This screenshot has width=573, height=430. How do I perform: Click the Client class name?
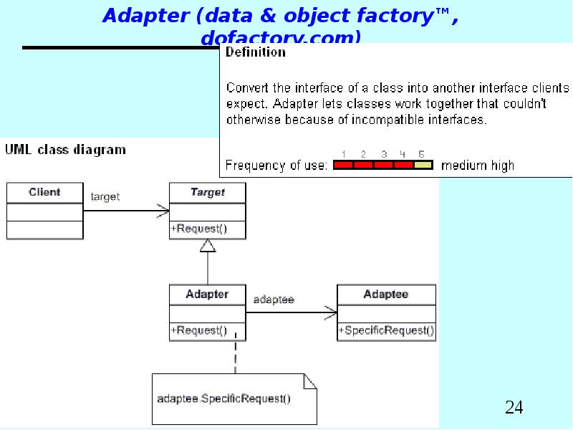[x=44, y=192]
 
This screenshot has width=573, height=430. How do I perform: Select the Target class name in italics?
[x=208, y=192]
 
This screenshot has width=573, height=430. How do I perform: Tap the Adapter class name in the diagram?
[x=207, y=295]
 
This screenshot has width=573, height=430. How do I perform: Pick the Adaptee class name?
[x=386, y=295]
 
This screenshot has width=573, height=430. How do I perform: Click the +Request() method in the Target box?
[x=198, y=229]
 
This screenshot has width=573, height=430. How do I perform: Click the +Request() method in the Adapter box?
[x=198, y=331]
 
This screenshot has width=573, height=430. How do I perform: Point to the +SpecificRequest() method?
[x=386, y=331]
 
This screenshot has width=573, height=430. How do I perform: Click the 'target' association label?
[x=105, y=196]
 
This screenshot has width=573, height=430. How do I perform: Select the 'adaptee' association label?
[x=274, y=299]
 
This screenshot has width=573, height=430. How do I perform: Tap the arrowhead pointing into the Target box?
[x=163, y=211]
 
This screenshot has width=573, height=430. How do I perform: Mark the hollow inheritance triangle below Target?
[x=208, y=246]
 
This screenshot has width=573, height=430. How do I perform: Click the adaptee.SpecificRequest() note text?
[x=223, y=398]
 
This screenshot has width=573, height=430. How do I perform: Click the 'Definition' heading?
[x=256, y=52]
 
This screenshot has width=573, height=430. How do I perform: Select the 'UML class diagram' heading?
[x=66, y=150]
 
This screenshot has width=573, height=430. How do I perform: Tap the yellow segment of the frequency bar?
[x=423, y=166]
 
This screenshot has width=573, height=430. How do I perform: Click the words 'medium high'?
[x=478, y=166]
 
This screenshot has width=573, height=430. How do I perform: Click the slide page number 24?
[x=514, y=408]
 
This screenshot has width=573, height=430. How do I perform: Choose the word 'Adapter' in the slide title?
[x=145, y=16]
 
